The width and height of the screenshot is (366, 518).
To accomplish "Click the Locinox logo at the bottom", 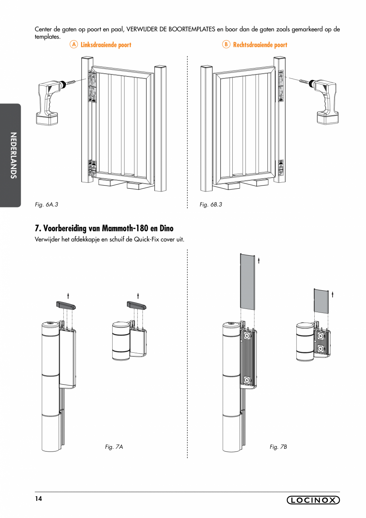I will click(x=313, y=500).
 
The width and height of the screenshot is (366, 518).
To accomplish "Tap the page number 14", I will click(x=38, y=499).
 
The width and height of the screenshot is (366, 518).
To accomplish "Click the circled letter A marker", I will click(x=74, y=45).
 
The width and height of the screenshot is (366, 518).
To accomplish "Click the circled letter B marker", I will click(x=226, y=45).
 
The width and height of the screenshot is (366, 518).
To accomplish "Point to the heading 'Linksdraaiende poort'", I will click(x=106, y=45).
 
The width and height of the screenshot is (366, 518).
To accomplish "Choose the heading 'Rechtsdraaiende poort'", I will click(x=260, y=45).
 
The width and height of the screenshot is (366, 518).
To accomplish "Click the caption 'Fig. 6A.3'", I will click(x=47, y=205).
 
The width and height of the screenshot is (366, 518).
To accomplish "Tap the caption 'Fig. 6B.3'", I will click(x=211, y=205).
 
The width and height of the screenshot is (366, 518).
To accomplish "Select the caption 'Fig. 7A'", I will click(x=114, y=447).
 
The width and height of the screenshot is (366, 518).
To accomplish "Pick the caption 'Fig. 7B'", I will click(x=278, y=447).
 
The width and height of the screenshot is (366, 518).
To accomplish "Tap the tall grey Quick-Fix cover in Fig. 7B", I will click(x=247, y=281).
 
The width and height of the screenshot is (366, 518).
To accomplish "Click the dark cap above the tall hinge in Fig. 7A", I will click(x=66, y=305).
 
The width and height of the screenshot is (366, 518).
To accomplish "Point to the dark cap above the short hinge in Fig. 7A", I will click(x=136, y=305).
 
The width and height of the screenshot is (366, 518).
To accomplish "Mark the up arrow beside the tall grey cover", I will click(x=259, y=260).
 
